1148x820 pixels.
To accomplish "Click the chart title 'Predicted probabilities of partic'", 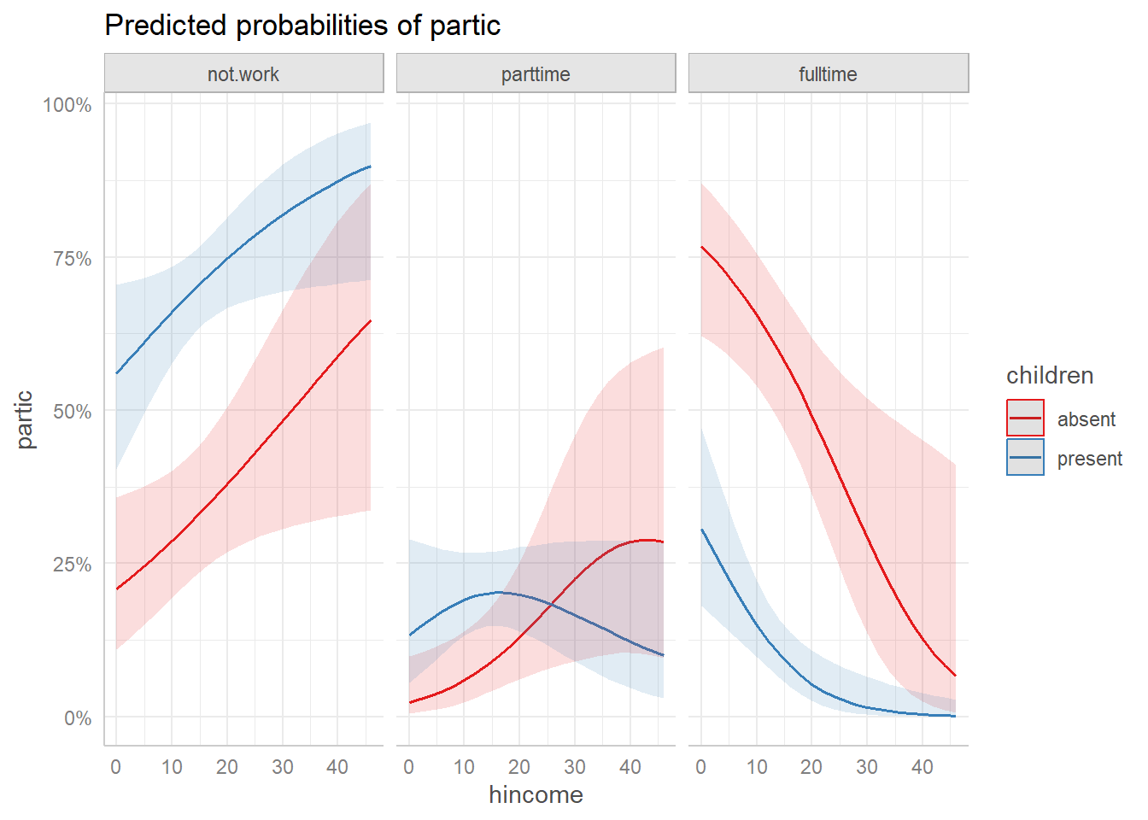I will pos(302,26).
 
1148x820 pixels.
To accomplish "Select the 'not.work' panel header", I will pos(243,74).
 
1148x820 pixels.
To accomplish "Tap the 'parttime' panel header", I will pos(536,74).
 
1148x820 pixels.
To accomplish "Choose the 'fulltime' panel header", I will pos(828,74).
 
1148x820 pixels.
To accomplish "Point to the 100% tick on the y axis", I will pos(67,105).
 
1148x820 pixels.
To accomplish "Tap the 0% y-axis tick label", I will pos(77,718).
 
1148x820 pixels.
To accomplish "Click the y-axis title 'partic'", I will pos(25,419).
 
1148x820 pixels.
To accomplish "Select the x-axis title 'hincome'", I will pos(536,795).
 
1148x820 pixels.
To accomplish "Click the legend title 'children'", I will pos(1050,376).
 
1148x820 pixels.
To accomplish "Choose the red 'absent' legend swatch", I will pos(1025,419).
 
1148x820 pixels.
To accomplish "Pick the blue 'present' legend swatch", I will pos(1025,458).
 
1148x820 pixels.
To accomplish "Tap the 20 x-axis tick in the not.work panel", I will pos(227,767).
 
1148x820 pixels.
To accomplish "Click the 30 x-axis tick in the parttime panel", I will pos(575,767).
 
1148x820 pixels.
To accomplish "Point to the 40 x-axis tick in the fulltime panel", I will pos(922,767).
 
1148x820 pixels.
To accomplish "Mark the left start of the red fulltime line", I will pos(701,247).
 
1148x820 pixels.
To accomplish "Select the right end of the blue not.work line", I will pos(370,166).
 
